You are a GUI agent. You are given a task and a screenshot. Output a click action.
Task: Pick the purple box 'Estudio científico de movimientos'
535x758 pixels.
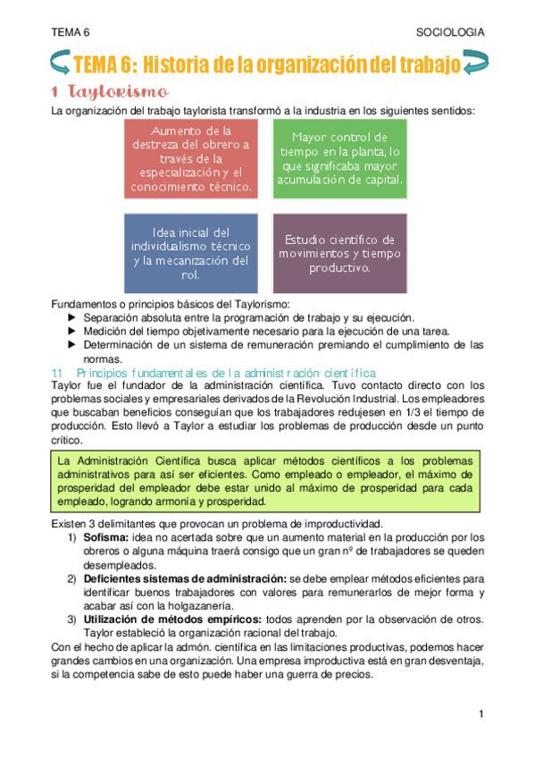pyautogui.click(x=339, y=254)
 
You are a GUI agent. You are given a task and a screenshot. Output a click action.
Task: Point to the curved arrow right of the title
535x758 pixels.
pyautogui.click(x=477, y=64)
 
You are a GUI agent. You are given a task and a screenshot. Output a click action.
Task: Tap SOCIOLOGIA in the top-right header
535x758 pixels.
pyautogui.click(x=451, y=32)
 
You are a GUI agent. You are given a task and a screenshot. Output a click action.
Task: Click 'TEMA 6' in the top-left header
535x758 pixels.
pyautogui.click(x=71, y=32)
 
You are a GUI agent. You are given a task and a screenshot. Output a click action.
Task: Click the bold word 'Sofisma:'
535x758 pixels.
pyautogui.click(x=106, y=537)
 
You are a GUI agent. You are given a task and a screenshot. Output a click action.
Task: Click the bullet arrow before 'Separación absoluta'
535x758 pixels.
pyautogui.click(x=72, y=317)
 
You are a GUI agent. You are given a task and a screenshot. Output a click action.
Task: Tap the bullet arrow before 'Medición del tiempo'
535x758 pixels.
pyautogui.click(x=72, y=331)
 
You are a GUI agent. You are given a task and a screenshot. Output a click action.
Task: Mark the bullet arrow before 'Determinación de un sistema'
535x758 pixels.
pyautogui.click(x=72, y=344)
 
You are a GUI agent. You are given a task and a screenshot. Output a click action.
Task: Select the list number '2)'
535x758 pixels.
pyautogui.click(x=71, y=578)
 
